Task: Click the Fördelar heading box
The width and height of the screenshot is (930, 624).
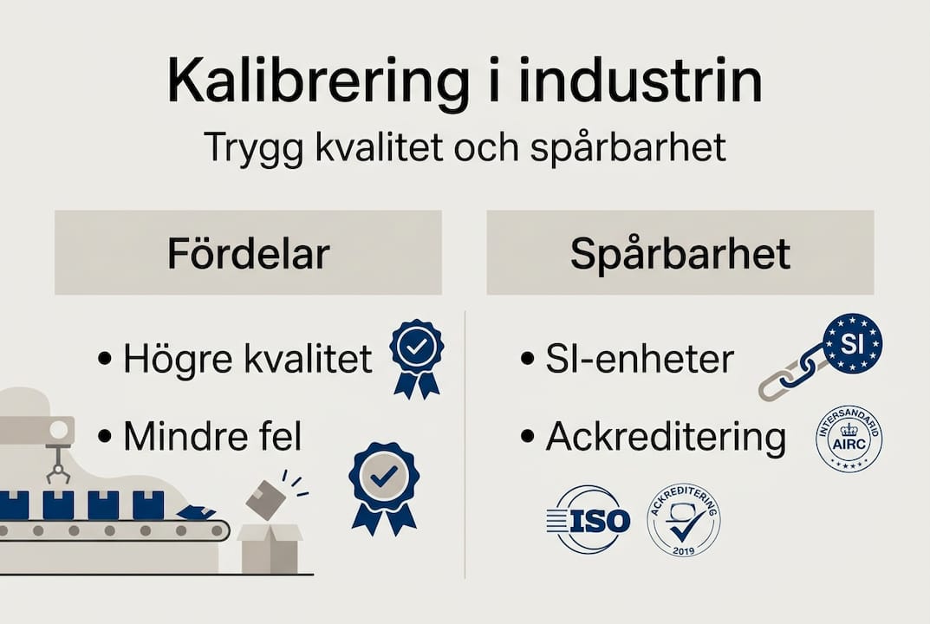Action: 248,252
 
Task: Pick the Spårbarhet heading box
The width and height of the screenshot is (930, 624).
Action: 680,252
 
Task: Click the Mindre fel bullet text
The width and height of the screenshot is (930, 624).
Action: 212,437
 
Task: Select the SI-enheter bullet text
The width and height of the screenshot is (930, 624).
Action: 640,358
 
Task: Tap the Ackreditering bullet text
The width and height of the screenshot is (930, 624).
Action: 665,438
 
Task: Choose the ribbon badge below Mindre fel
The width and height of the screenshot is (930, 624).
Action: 383,485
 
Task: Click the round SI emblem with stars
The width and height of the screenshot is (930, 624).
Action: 851,343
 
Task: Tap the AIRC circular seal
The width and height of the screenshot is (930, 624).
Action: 849,439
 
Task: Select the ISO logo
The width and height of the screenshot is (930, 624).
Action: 589,519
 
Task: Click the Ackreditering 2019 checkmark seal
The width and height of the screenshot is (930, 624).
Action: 684,520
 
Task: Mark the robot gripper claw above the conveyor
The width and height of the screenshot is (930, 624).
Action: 58,468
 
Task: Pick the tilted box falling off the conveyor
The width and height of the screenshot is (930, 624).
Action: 266,500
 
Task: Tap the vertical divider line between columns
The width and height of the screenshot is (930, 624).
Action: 465,442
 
